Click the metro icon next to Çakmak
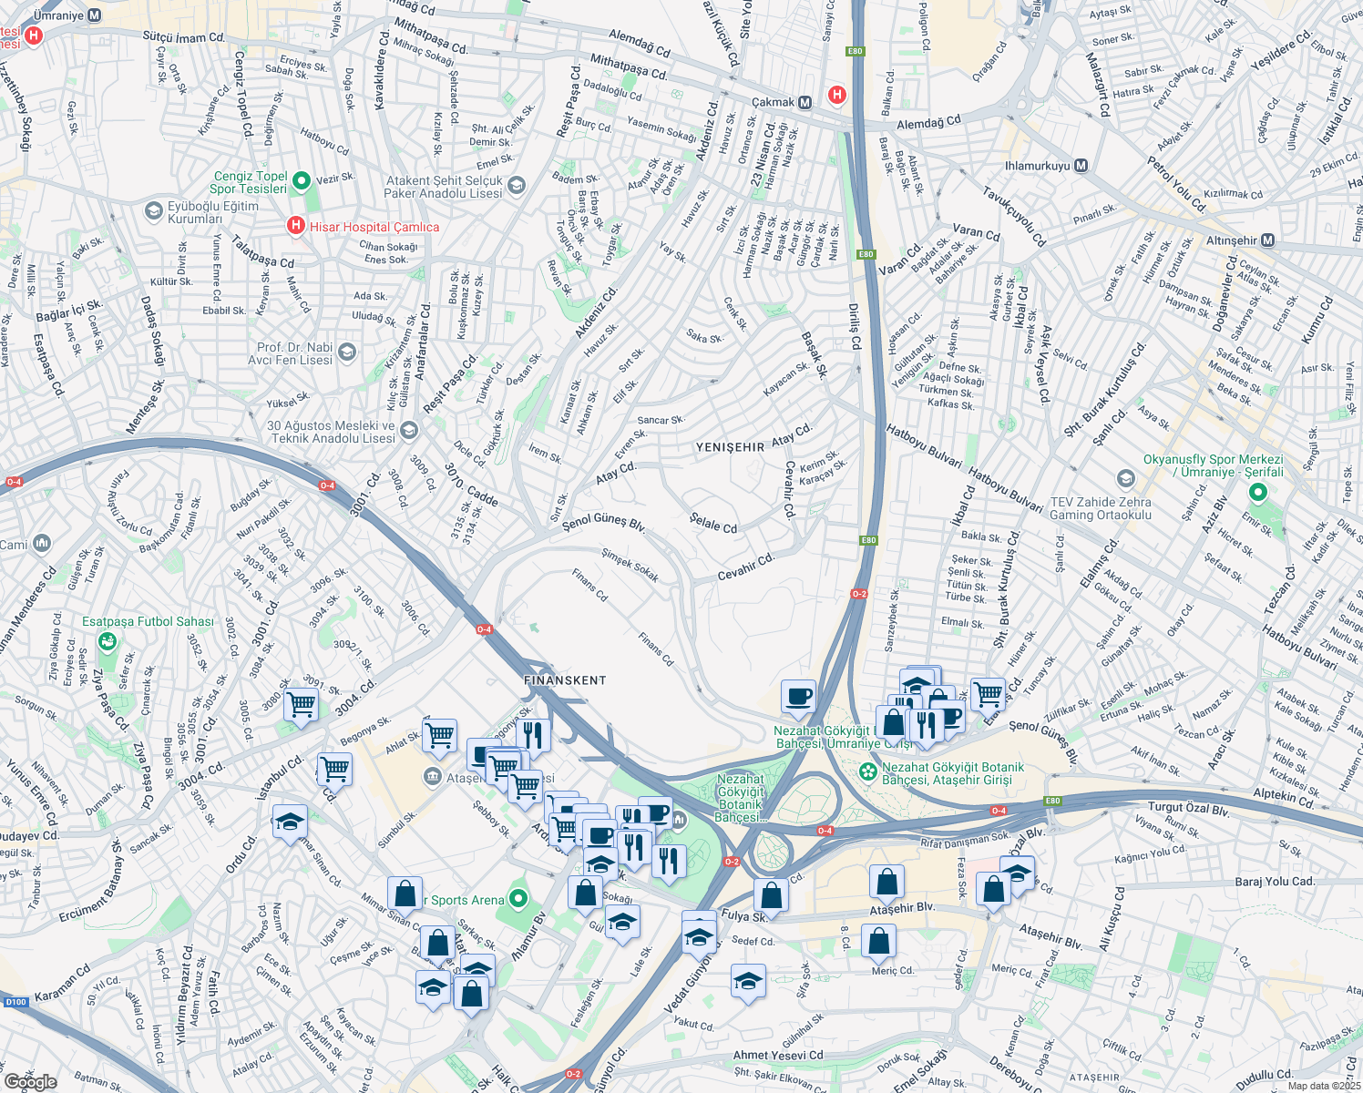pos(804,103)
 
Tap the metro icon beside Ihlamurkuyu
pos(1081,166)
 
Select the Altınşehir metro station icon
pos(1267,240)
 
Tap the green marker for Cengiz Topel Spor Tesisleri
pos(302,181)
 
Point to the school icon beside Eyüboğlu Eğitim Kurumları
pos(153,211)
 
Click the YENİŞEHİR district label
pos(730,447)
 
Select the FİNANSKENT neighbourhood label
pos(565,680)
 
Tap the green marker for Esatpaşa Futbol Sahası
pos(108,641)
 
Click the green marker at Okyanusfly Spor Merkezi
pos(1258,493)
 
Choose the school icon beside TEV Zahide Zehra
pos(1126,479)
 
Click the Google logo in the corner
pos(30,1082)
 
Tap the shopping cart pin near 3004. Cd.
pos(301,705)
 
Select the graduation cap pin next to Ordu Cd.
pos(290,822)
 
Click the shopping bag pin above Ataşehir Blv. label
pos(886,882)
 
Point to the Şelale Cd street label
pos(713,523)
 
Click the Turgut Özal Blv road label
pos(1189,809)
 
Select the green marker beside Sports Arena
pos(518,899)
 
